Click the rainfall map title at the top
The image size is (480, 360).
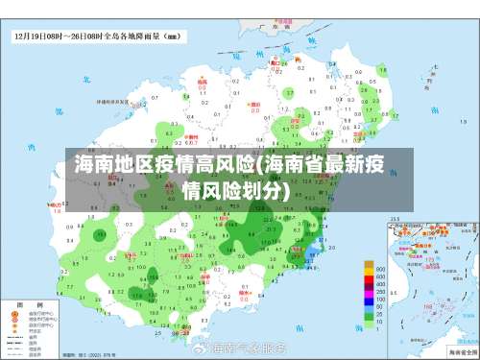[x=95, y=37]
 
